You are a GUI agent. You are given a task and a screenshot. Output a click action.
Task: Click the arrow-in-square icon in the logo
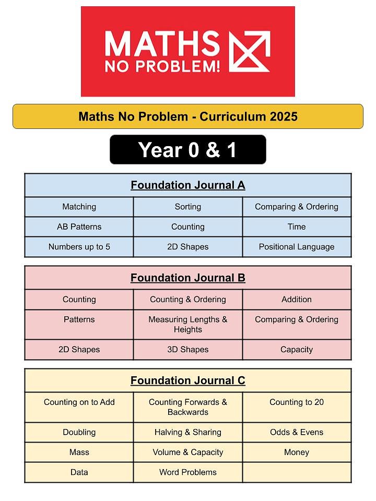pos(250,51)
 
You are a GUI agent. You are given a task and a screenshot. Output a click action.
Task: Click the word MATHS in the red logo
pos(162,44)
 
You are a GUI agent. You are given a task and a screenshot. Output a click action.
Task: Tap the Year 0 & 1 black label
pos(187,150)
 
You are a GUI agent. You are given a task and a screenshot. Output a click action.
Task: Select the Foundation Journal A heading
pos(187,185)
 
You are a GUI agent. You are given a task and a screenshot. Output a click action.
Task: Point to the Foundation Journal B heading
pos(187,278)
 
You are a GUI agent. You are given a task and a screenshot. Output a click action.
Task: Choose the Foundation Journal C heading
pos(187,380)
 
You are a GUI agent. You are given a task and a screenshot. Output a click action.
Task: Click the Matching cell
pos(79,207)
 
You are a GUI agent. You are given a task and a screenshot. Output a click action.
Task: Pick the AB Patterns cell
pos(79,227)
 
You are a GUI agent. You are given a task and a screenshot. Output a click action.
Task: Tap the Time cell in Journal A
pos(297,227)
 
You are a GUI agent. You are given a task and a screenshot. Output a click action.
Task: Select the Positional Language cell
pos(297,247)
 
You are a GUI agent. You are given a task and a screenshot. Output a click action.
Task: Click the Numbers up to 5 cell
pos(79,247)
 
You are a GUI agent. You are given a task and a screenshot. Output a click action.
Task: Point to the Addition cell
pos(297,300)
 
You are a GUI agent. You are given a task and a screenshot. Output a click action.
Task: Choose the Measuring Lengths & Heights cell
pos(187,325)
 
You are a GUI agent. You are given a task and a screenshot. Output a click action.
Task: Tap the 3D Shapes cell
pos(187,350)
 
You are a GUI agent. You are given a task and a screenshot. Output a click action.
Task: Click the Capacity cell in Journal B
pos(297,350)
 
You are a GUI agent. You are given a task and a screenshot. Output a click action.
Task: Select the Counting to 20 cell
pos(297,402)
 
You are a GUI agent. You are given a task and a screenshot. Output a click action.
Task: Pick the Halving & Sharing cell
pos(187,432)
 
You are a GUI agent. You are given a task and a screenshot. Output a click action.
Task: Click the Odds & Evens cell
pos(297,432)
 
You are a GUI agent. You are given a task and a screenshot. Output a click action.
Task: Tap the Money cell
pos(297,452)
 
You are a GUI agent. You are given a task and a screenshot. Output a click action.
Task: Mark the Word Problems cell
pos(187,472)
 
